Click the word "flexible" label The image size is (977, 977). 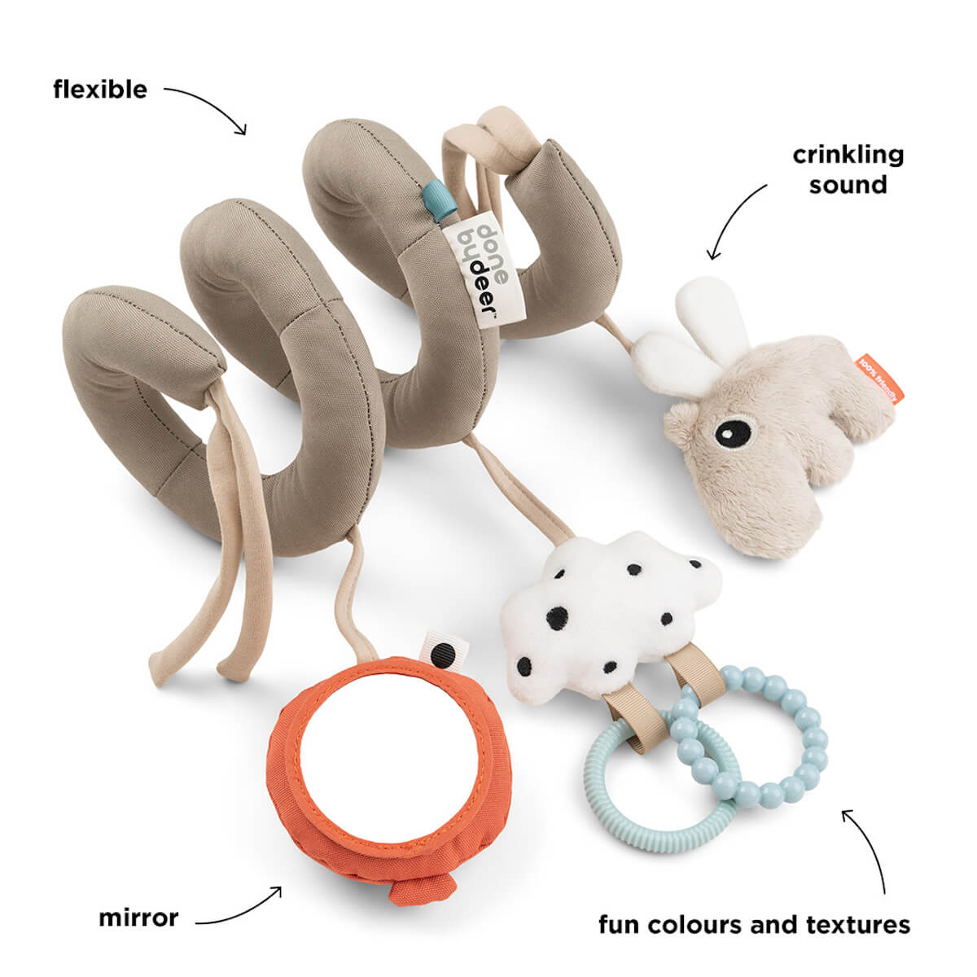(x=100, y=89)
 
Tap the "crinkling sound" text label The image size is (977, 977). (x=848, y=169)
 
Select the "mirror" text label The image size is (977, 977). (x=138, y=918)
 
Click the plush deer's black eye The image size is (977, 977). (x=734, y=429)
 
